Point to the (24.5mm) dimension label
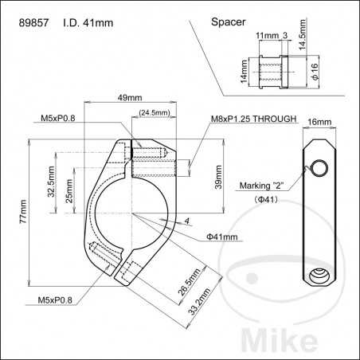coord(153,113)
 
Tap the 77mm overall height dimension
coord(22,212)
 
